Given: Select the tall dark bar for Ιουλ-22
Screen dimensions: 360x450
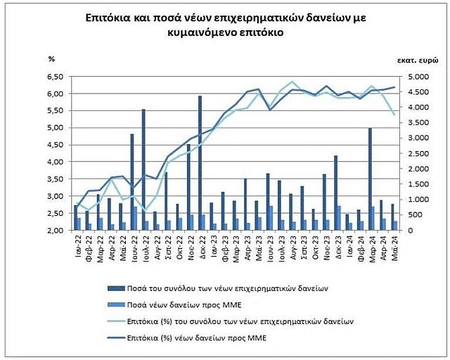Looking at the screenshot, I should tap(143, 169).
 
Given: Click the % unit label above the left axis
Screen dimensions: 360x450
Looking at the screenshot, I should tap(51, 59).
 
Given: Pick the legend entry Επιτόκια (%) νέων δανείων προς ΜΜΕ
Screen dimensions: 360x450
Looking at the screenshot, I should tap(195, 339).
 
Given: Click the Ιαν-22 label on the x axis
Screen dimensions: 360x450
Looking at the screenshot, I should tap(78, 247).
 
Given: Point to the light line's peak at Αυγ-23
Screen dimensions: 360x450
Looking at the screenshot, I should tap(292, 82).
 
